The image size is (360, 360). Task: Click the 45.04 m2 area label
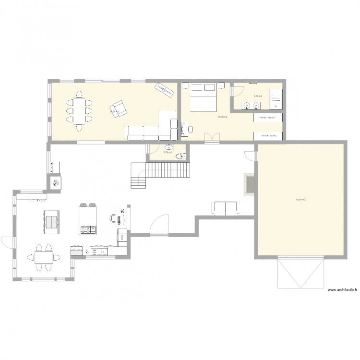[x=301, y=199]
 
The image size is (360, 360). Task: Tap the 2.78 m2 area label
[x=167, y=153]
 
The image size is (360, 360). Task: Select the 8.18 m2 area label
[x=258, y=96]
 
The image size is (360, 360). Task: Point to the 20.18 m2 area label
[x=222, y=117]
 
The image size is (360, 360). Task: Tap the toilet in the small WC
[x=180, y=156]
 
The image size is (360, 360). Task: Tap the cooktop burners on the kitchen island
[x=88, y=230]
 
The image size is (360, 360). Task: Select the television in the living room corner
[x=165, y=89]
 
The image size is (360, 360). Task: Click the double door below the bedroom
[x=210, y=138]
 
